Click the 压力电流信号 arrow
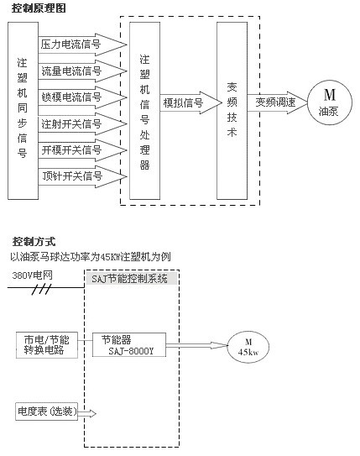[x=82, y=45]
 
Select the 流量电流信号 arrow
[x=82, y=71]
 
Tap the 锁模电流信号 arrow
[x=82, y=97]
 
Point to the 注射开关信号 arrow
[x=82, y=124]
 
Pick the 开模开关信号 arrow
[x=82, y=150]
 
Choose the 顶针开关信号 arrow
[x=82, y=176]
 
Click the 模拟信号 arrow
[x=190, y=102]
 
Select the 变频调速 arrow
[x=278, y=102]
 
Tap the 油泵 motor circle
[x=330, y=102]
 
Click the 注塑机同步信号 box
[x=23, y=111]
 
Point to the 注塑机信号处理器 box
[x=144, y=111]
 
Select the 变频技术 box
[x=232, y=111]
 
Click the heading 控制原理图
[x=39, y=8]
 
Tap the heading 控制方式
[x=34, y=241]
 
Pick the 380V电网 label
[x=32, y=275]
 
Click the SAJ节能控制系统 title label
[x=132, y=279]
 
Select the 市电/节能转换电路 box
[x=47, y=345]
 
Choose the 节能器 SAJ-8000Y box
[x=129, y=345]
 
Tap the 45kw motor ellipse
[x=248, y=347]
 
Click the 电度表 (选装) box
[x=46, y=411]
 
